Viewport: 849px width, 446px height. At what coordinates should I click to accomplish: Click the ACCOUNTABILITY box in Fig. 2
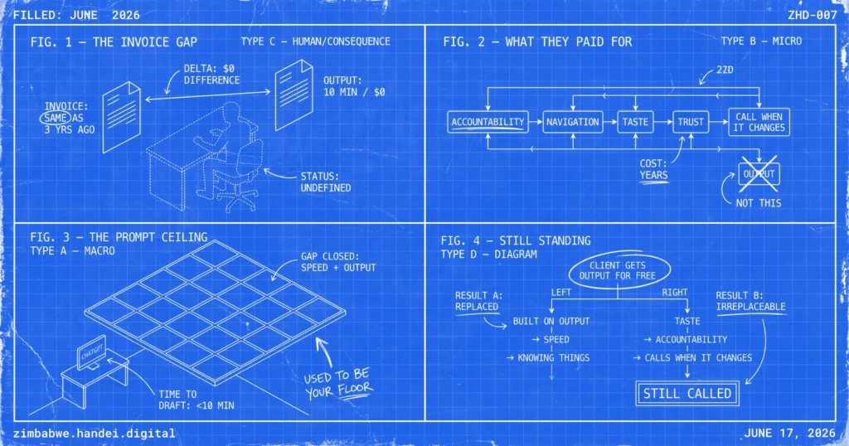[488, 122]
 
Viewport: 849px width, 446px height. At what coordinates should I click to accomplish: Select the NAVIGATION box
[573, 122]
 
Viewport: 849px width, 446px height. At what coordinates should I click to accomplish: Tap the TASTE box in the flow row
[635, 122]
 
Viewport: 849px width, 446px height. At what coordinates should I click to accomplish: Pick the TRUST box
[691, 122]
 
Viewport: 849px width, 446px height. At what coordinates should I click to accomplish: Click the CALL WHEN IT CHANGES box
[759, 122]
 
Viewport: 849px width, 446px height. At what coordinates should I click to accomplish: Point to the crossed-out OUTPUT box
[759, 174]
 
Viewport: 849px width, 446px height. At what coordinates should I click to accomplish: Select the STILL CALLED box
[687, 394]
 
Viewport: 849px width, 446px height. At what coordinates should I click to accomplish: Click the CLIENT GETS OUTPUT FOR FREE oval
[617, 270]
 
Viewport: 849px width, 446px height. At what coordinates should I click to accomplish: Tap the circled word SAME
[56, 118]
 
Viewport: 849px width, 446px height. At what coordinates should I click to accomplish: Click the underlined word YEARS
[653, 176]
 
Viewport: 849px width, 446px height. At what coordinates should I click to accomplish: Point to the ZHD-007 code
[813, 15]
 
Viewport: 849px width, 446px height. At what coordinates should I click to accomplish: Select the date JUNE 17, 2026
[789, 433]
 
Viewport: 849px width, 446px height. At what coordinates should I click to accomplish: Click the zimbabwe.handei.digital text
[95, 434]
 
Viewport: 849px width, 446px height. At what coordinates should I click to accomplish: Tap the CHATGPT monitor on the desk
[91, 352]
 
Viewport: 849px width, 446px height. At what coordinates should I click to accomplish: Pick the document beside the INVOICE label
[122, 116]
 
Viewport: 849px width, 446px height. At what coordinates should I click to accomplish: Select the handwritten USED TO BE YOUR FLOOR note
[338, 383]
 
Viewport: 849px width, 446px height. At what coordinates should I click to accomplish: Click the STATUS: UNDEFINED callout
[325, 182]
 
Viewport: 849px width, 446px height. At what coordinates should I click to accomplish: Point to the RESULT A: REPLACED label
[478, 301]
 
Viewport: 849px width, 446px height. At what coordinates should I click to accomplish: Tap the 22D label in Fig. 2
[725, 70]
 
